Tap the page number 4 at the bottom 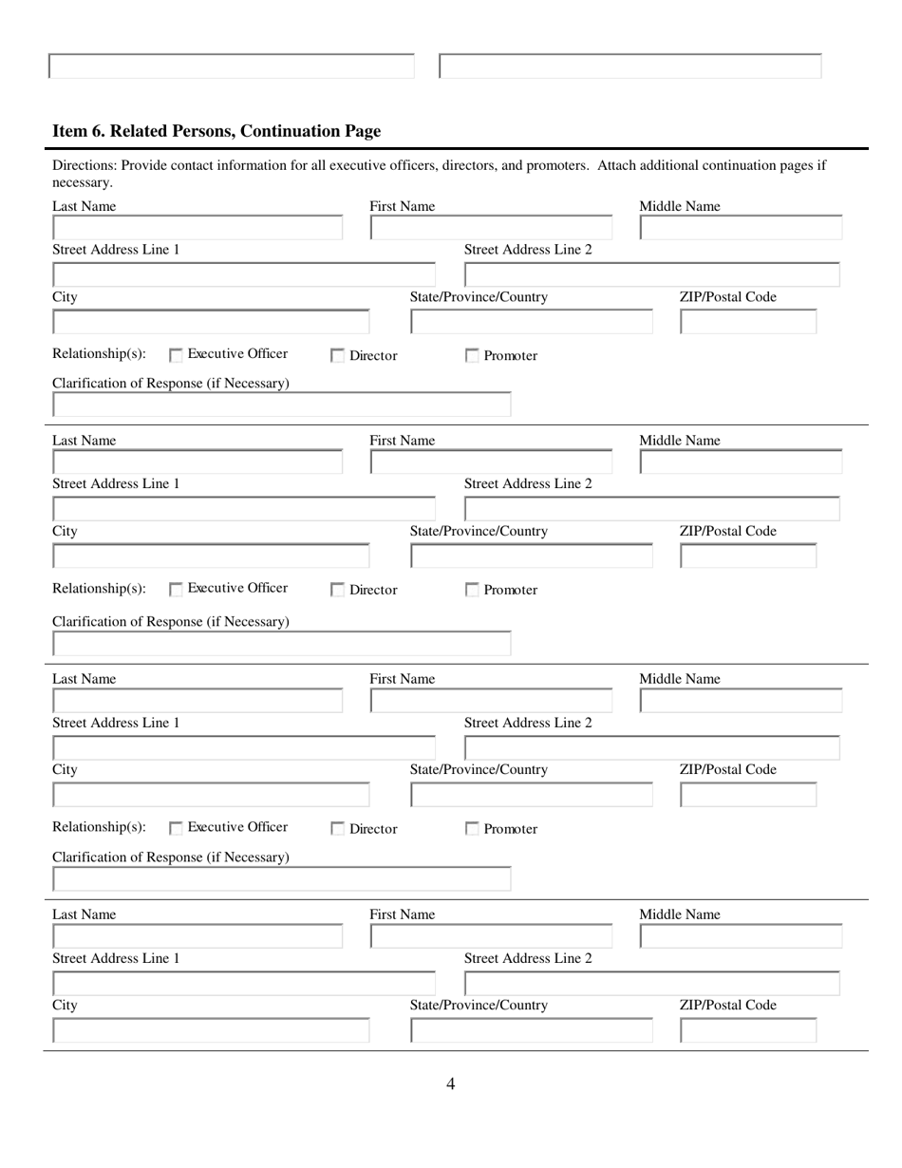[x=450, y=1083]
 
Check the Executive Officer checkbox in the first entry [x=176, y=356]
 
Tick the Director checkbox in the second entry [x=337, y=591]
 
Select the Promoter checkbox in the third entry [x=472, y=829]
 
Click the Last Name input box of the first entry [x=197, y=228]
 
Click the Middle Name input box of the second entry [x=741, y=462]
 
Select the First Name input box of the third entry [x=491, y=702]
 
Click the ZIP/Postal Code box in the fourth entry [x=748, y=1030]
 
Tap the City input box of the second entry [x=211, y=556]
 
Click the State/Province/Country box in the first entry [x=532, y=322]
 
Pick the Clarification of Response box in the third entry [x=281, y=879]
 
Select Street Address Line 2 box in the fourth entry [x=651, y=984]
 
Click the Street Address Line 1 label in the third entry [x=116, y=723]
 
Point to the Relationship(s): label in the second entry [x=99, y=589]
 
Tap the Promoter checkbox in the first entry [x=472, y=356]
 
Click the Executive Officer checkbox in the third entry [x=176, y=829]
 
